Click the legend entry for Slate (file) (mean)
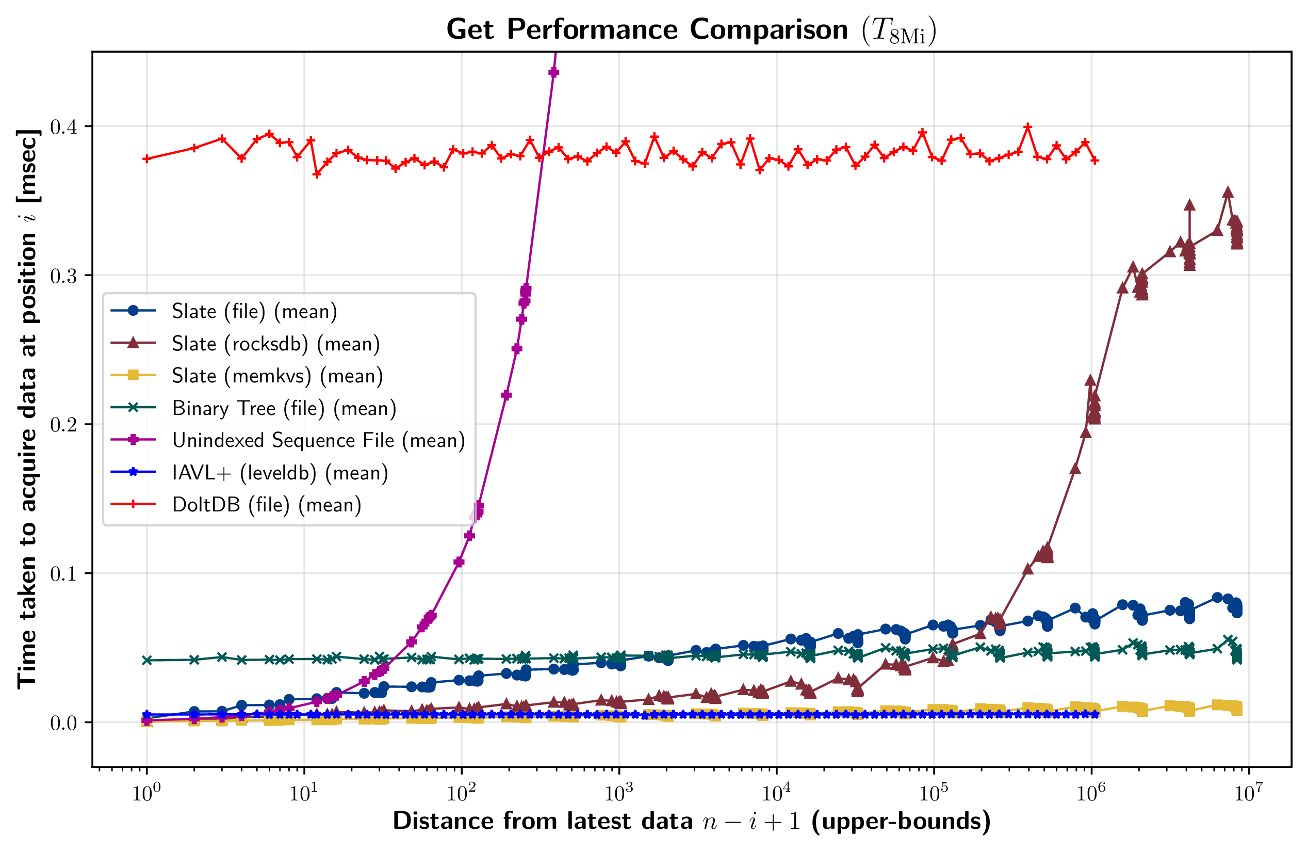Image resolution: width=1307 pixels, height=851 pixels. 254,312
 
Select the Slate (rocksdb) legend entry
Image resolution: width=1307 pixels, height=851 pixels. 275,344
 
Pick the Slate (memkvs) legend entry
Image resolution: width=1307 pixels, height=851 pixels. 277,376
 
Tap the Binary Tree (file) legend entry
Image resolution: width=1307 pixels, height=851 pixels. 283,408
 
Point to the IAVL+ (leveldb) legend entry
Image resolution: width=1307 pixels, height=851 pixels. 280,473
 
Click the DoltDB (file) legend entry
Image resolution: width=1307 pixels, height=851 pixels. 266,505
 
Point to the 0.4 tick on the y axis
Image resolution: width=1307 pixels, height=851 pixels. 63,127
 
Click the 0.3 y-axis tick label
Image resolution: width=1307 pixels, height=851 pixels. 63,276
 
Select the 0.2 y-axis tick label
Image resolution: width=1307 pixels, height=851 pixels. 63,425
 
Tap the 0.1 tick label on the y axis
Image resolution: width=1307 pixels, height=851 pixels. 63,573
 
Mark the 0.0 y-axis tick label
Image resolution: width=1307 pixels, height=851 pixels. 63,723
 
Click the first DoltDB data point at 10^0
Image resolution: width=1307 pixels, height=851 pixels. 146,159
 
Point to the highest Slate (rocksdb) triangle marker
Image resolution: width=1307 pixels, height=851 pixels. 1228,192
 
